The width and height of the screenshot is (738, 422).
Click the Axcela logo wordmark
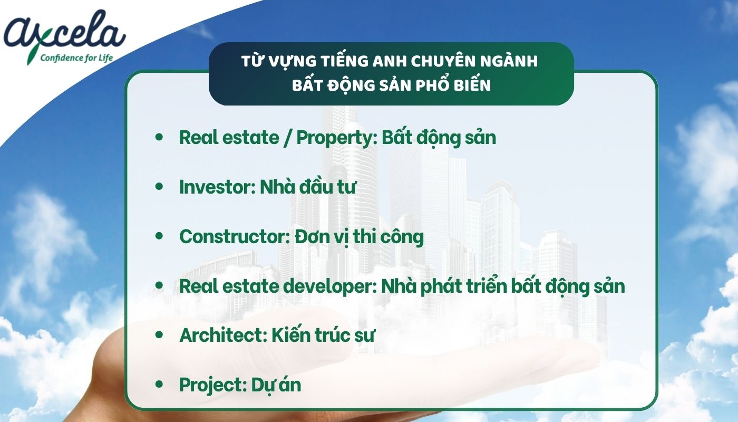[x=64, y=31]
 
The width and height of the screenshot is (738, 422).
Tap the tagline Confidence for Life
[x=76, y=58]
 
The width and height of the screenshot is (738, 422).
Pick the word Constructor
[x=235, y=237]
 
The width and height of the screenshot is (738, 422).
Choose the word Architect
[x=223, y=335]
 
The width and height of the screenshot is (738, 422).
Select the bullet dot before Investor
[x=159, y=186]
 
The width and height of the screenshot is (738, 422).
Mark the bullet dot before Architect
[x=159, y=334]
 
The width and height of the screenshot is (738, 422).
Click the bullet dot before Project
[x=159, y=384]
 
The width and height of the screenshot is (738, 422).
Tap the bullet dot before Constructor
[x=159, y=236]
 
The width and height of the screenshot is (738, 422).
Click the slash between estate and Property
[x=288, y=138]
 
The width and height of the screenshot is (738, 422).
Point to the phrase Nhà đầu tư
[x=308, y=187]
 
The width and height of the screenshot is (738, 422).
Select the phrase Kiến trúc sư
[x=323, y=335]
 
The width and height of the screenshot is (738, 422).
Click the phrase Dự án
[x=276, y=385]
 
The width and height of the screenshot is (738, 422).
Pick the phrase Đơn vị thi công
[x=359, y=237]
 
